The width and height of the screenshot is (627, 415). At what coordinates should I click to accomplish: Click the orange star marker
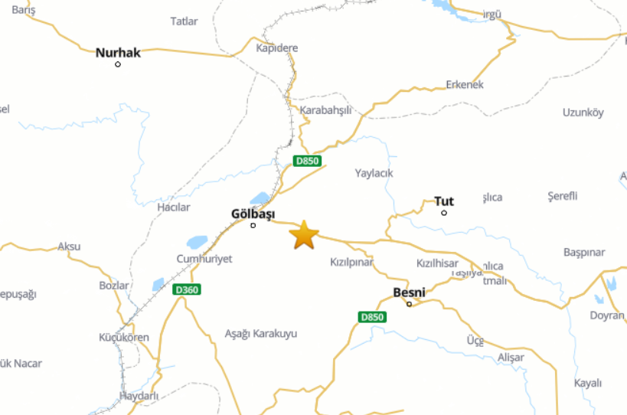click(304, 235)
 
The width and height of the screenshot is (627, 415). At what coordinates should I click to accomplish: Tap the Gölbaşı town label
click(253, 214)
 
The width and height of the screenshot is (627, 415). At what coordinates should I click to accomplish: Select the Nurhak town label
click(118, 53)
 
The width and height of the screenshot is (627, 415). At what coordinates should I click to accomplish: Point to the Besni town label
click(409, 292)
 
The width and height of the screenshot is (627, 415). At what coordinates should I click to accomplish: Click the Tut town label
click(444, 201)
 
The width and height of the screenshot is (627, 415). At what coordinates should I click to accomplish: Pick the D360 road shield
click(186, 289)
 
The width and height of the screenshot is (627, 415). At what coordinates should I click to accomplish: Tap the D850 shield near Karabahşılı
click(308, 161)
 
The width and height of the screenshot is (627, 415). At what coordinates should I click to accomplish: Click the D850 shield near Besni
click(372, 316)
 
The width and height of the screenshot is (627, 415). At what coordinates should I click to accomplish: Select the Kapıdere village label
click(277, 47)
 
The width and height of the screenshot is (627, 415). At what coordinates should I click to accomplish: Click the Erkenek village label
click(465, 84)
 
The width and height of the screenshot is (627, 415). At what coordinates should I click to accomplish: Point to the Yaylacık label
click(374, 173)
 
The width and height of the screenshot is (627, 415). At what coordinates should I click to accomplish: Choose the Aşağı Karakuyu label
click(260, 334)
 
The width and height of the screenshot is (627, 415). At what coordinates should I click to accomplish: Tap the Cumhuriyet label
click(204, 259)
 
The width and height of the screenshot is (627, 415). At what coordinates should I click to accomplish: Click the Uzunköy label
click(583, 113)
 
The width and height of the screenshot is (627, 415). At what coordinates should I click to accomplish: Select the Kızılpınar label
click(351, 262)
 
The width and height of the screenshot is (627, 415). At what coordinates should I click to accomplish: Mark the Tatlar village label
click(185, 21)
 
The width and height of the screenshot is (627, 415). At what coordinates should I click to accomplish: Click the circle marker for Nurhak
click(118, 64)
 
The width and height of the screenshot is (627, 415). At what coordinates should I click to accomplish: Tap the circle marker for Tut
click(444, 212)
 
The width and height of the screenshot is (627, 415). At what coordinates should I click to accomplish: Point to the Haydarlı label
click(139, 396)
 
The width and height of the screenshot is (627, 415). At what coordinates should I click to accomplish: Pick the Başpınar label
click(584, 252)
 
